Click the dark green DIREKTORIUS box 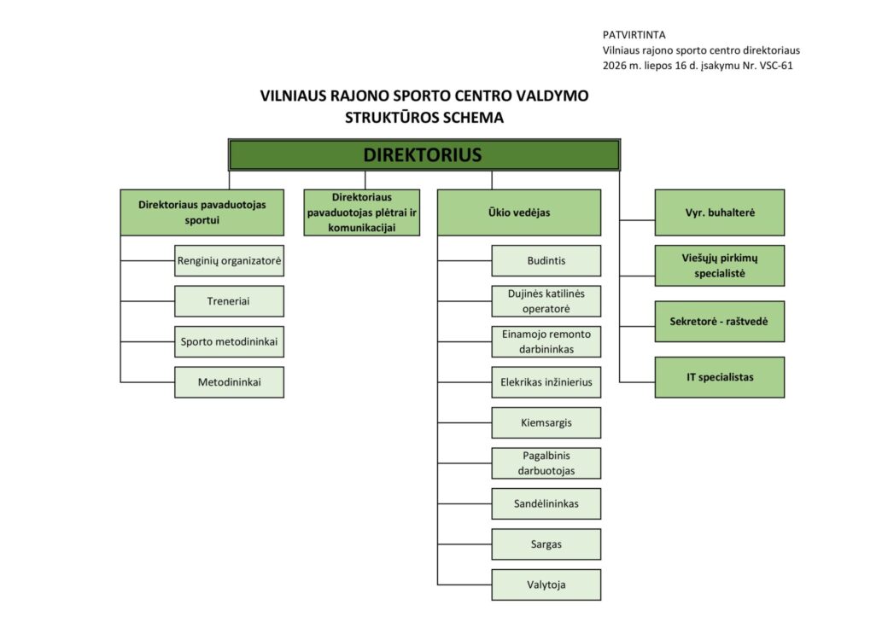click(424, 154)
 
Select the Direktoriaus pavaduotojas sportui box click(202, 212)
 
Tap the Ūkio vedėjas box click(519, 212)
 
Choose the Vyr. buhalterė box click(720, 212)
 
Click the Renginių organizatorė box click(230, 261)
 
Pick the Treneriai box click(230, 301)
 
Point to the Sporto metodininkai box click(230, 341)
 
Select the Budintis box click(546, 261)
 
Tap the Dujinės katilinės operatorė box click(546, 301)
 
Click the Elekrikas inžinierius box click(546, 382)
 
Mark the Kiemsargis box click(546, 422)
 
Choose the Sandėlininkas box click(546, 503)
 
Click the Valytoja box click(546, 585)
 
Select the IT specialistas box click(720, 377)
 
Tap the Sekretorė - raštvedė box click(720, 322)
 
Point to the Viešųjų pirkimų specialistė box click(720, 265)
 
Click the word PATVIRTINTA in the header click(634, 35)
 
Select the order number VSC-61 click(776, 66)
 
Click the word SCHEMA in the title click(473, 118)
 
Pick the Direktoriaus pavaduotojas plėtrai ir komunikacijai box click(362, 212)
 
